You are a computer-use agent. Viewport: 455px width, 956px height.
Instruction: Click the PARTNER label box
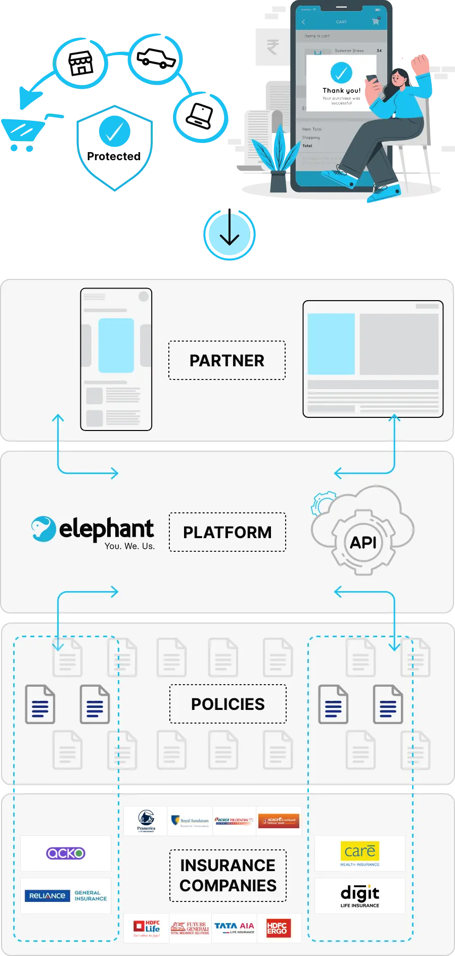point(227,360)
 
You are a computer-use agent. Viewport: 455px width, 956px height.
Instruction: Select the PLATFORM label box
point(227,532)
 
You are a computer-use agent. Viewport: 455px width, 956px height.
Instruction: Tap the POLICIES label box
point(227,704)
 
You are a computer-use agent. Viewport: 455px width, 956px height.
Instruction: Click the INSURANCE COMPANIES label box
point(227,876)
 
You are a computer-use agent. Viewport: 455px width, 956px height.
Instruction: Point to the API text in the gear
point(363,543)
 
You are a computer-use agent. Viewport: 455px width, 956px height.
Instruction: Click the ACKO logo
point(66,853)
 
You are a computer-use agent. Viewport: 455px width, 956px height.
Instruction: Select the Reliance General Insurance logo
point(66,896)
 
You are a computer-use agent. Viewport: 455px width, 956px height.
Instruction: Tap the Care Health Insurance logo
point(359,853)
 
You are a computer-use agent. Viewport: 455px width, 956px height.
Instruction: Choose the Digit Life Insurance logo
point(359,896)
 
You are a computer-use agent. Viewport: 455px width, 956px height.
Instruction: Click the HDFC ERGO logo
point(279,928)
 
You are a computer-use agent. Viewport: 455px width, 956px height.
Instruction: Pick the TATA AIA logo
point(235,928)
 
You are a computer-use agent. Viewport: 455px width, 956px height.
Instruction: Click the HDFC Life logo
point(146,928)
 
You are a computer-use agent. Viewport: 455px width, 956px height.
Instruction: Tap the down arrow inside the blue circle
point(229,235)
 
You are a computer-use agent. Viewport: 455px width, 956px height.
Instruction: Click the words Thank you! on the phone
point(342,90)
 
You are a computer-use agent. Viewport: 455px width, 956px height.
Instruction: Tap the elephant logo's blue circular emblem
point(43,529)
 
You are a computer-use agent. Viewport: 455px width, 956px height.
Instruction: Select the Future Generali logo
point(190,928)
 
